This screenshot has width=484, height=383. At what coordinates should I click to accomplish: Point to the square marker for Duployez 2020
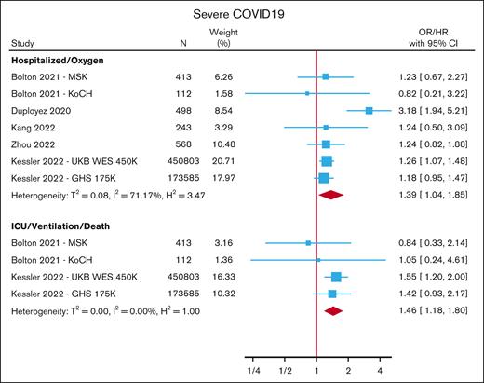370,110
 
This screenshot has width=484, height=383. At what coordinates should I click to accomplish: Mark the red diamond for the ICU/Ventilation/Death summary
333,310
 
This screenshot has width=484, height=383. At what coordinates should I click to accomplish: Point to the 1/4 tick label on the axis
252,370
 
